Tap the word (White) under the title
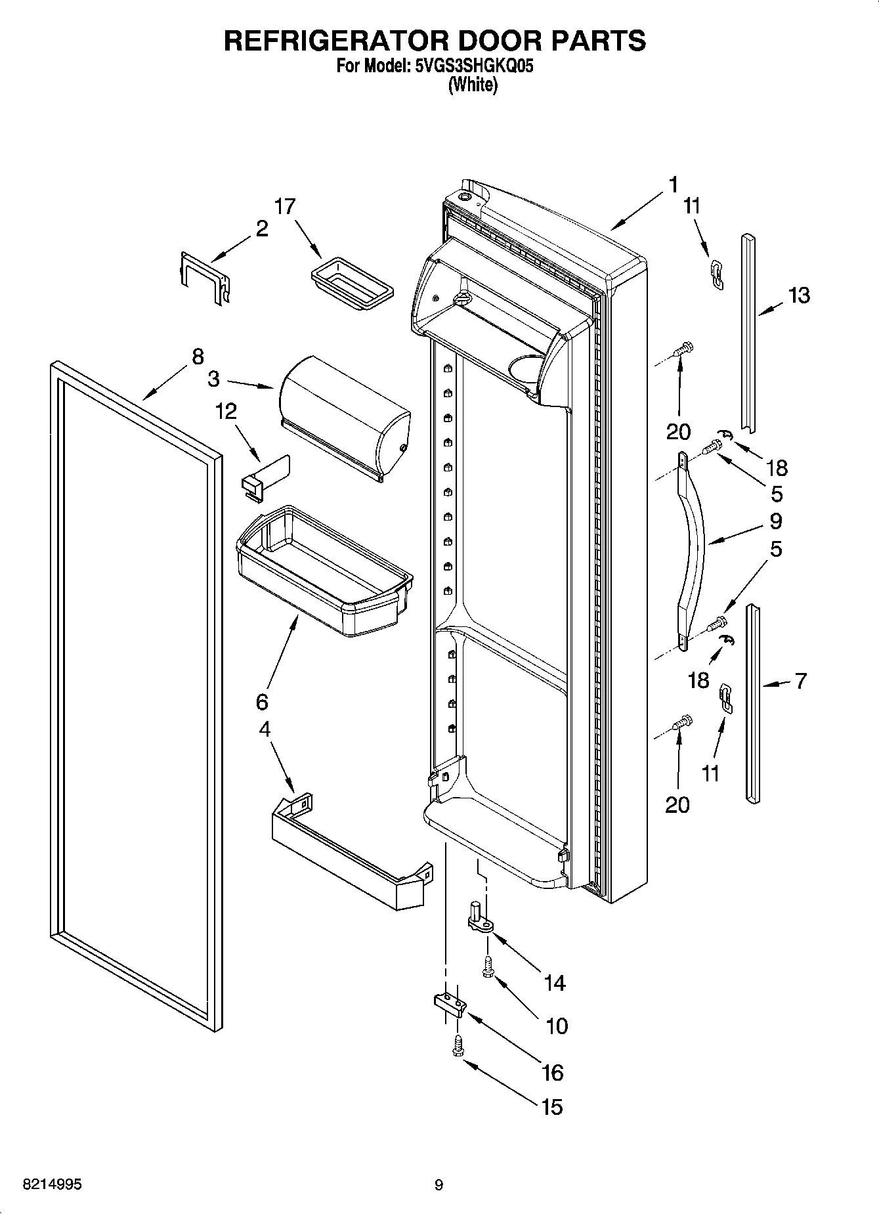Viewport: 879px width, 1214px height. pyautogui.click(x=472, y=85)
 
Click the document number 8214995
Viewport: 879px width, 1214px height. pyautogui.click(x=52, y=1185)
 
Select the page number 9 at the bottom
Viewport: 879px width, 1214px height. pyautogui.click(x=439, y=1185)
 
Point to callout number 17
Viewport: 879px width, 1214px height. pyautogui.click(x=285, y=206)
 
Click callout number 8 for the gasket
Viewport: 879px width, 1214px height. pyautogui.click(x=198, y=357)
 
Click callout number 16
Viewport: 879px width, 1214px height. pyautogui.click(x=553, y=1072)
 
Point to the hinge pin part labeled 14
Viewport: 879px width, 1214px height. pyautogui.click(x=481, y=918)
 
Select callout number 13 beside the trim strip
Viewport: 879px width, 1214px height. pyautogui.click(x=798, y=295)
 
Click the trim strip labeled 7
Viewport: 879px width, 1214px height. pyautogui.click(x=753, y=703)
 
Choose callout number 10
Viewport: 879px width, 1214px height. pyautogui.click(x=557, y=1026)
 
